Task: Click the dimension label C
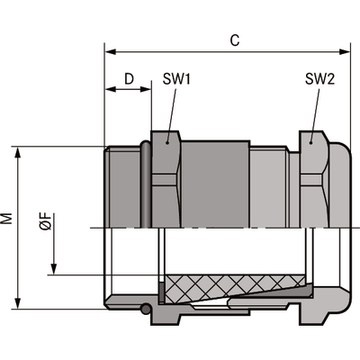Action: (235, 40)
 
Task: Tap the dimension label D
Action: (129, 79)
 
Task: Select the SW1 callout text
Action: (177, 79)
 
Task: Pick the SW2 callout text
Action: (320, 79)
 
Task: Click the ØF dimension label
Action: (46, 222)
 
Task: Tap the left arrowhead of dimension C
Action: (111, 52)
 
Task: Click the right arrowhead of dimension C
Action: (345, 52)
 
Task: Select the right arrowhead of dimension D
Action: (146, 89)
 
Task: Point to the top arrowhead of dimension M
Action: (18, 152)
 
